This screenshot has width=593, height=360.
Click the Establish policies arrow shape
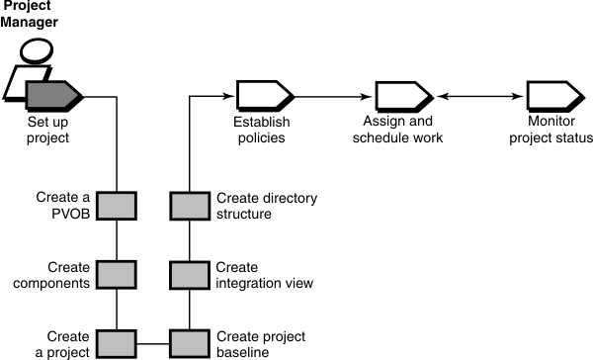(x=262, y=96)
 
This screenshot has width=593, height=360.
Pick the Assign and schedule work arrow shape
(x=401, y=96)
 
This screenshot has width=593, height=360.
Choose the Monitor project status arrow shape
(x=553, y=96)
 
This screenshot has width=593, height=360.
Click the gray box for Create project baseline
(x=188, y=343)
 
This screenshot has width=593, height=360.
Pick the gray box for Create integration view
(x=188, y=275)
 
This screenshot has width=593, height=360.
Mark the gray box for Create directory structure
(x=188, y=206)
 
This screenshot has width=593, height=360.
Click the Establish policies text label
(x=261, y=131)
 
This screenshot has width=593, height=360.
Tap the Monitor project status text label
(x=553, y=131)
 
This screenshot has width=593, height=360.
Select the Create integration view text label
(x=264, y=275)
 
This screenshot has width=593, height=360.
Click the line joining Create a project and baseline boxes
(x=153, y=343)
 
